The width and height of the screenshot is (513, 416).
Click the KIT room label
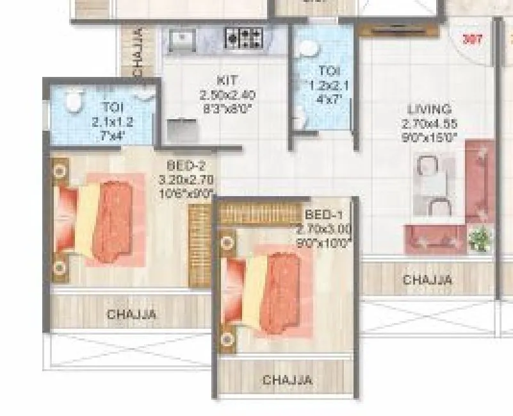click(227, 81)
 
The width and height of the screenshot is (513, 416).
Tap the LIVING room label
click(428, 110)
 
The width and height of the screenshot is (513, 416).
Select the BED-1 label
click(324, 215)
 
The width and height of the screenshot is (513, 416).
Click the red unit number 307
click(472, 39)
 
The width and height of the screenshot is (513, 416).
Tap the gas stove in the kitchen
click(243, 38)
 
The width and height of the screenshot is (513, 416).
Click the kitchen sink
click(183, 40)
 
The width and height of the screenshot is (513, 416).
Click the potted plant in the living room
click(480, 240)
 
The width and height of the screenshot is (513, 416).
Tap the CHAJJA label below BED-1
click(288, 380)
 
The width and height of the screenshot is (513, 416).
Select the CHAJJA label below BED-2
click(131, 314)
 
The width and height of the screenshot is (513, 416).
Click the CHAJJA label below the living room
click(427, 280)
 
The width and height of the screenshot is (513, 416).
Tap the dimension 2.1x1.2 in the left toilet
click(113, 122)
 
